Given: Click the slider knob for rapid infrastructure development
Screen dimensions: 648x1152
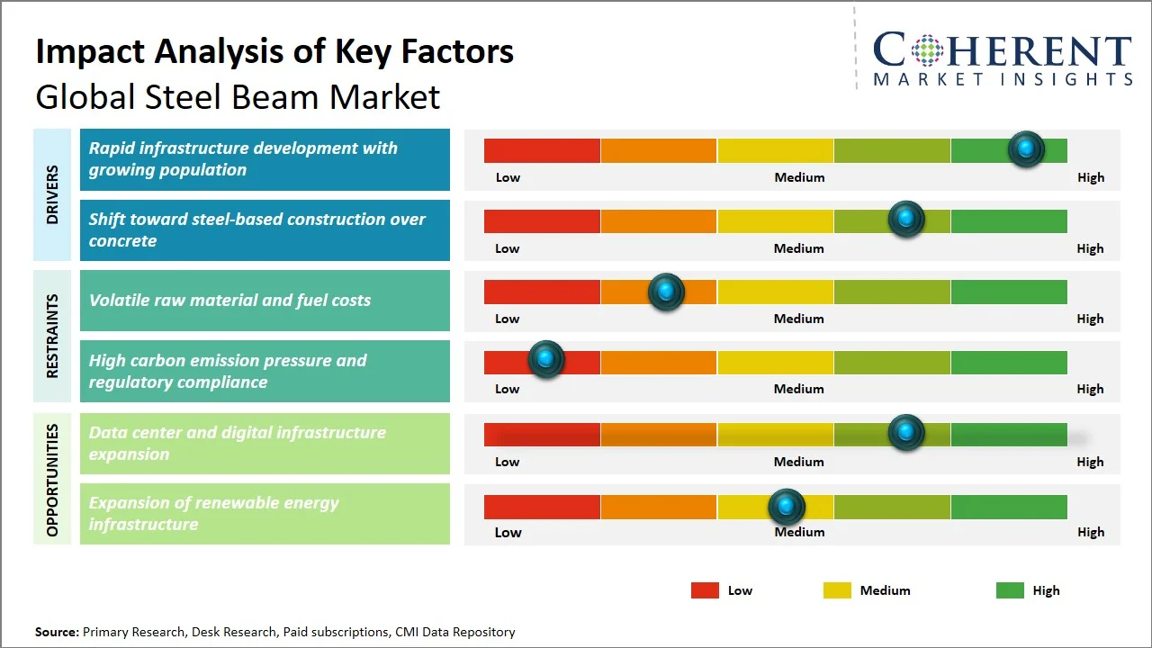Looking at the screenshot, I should click(x=1025, y=149).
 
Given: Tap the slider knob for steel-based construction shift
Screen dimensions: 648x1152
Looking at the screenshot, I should click(x=905, y=220).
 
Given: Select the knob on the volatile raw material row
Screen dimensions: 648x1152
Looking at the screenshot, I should click(x=666, y=292).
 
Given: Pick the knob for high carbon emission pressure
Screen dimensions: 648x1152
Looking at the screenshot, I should click(x=545, y=360).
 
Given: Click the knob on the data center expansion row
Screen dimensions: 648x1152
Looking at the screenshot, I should click(x=905, y=433).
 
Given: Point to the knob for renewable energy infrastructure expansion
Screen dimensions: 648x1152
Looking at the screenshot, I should click(x=787, y=508).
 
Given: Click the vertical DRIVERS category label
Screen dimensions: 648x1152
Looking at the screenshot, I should click(x=52, y=194).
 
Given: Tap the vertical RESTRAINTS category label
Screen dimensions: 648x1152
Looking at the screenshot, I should click(x=52, y=336).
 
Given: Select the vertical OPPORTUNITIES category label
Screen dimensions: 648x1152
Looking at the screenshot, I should click(x=52, y=480).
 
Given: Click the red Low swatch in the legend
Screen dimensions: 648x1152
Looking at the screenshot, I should click(x=705, y=590).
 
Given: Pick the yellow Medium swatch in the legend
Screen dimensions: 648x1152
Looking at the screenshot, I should click(x=837, y=590).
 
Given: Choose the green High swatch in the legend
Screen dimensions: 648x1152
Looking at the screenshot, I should click(x=1010, y=590).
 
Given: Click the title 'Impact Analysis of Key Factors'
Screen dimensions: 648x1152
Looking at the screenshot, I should click(x=274, y=52).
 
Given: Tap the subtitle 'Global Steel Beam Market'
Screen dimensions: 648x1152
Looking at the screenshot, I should click(x=238, y=96).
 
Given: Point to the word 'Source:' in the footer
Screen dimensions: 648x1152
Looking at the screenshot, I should click(x=57, y=632).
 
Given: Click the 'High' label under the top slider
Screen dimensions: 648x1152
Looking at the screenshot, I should click(x=1090, y=177).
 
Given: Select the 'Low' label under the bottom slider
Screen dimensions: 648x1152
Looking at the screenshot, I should click(x=508, y=532).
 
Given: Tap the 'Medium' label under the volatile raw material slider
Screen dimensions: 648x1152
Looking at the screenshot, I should click(x=798, y=319).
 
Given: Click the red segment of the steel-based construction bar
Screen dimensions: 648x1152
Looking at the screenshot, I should click(x=542, y=221).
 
